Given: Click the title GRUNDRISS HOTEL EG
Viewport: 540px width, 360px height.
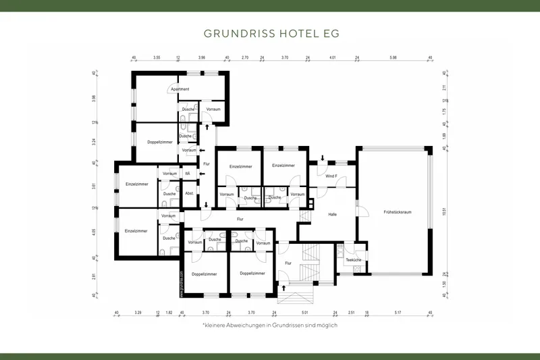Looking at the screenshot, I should [271, 32].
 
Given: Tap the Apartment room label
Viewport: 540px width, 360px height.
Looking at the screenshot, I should [180, 89].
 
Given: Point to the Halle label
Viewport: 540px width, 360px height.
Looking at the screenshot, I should [332, 214].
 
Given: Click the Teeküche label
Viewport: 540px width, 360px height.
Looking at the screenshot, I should [353, 260].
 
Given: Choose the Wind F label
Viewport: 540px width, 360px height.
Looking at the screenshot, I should [331, 176].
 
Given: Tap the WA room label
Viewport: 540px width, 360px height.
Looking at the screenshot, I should [187, 174].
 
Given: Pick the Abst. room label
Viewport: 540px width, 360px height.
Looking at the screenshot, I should [190, 194].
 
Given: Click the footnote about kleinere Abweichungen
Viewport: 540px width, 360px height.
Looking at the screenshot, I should [270, 325].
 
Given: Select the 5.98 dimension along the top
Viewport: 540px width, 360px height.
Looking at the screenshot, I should [394, 58].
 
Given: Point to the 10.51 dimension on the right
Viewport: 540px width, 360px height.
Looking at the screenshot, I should [443, 211].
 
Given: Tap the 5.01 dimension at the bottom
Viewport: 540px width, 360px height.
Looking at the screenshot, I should [305, 313].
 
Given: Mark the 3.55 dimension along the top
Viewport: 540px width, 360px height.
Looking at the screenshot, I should [156, 58].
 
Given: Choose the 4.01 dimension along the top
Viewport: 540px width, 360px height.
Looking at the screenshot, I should [333, 58].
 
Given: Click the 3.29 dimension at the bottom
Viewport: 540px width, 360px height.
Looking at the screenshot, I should [138, 313].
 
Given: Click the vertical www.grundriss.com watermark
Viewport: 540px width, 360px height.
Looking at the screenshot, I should [182, 280].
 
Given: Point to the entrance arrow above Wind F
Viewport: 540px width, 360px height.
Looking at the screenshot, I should [323, 159].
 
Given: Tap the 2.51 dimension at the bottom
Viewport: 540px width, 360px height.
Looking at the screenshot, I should [351, 313].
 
